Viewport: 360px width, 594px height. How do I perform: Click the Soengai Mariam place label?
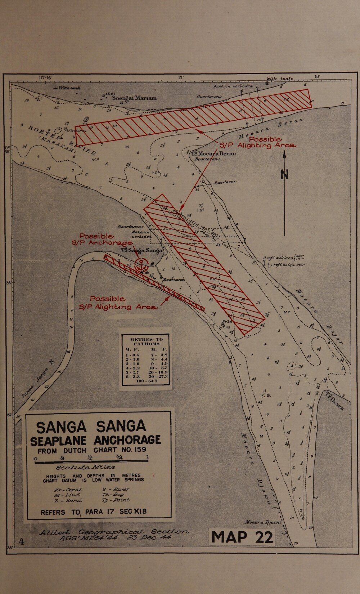pyautogui.click(x=134, y=98)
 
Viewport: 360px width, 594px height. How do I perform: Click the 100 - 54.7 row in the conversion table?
pyautogui.click(x=146, y=381)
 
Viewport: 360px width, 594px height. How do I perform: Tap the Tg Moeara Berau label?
pyautogui.click(x=214, y=153)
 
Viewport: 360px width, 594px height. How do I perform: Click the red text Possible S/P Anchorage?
pyautogui.click(x=103, y=240)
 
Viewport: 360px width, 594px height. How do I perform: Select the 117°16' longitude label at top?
pyautogui.click(x=45, y=77)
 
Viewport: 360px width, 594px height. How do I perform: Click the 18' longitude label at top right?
pyautogui.click(x=317, y=77)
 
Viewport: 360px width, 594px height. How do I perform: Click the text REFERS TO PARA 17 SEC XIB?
pyautogui.click(x=94, y=512)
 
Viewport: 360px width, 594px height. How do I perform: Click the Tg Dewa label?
pyautogui.click(x=334, y=401)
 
